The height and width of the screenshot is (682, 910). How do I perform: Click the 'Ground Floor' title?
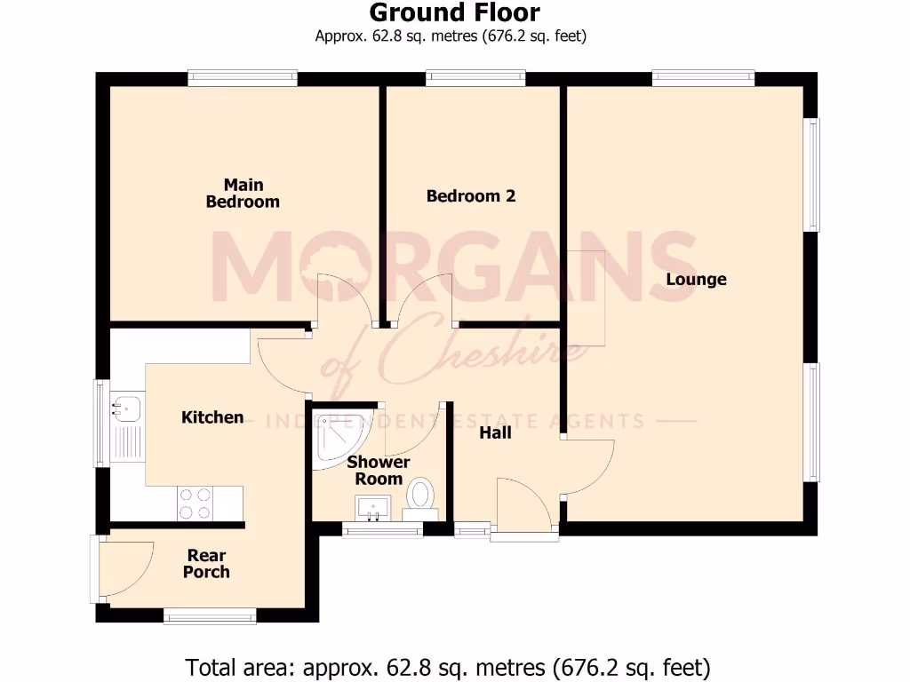(x=454, y=13)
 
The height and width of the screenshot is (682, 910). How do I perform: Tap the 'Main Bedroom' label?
(x=243, y=194)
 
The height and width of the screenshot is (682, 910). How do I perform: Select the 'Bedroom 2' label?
(x=471, y=196)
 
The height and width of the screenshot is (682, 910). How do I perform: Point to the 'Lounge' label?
(x=697, y=280)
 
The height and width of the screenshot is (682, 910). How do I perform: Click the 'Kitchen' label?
(x=212, y=417)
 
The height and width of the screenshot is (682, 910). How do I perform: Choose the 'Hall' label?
(x=495, y=433)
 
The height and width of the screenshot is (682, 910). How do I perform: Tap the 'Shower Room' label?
(x=379, y=471)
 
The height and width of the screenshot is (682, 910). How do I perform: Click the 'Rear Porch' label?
(x=206, y=564)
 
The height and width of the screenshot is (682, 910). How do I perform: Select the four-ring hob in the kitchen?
(x=195, y=504)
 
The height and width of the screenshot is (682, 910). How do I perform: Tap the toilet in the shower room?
(x=419, y=498)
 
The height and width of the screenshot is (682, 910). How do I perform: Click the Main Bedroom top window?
(x=243, y=79)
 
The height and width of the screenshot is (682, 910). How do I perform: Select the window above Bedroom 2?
(x=475, y=79)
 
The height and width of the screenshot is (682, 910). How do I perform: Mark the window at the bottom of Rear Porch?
(x=210, y=615)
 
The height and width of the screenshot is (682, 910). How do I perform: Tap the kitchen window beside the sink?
(x=101, y=423)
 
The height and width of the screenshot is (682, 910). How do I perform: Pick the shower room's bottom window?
(x=383, y=531)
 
